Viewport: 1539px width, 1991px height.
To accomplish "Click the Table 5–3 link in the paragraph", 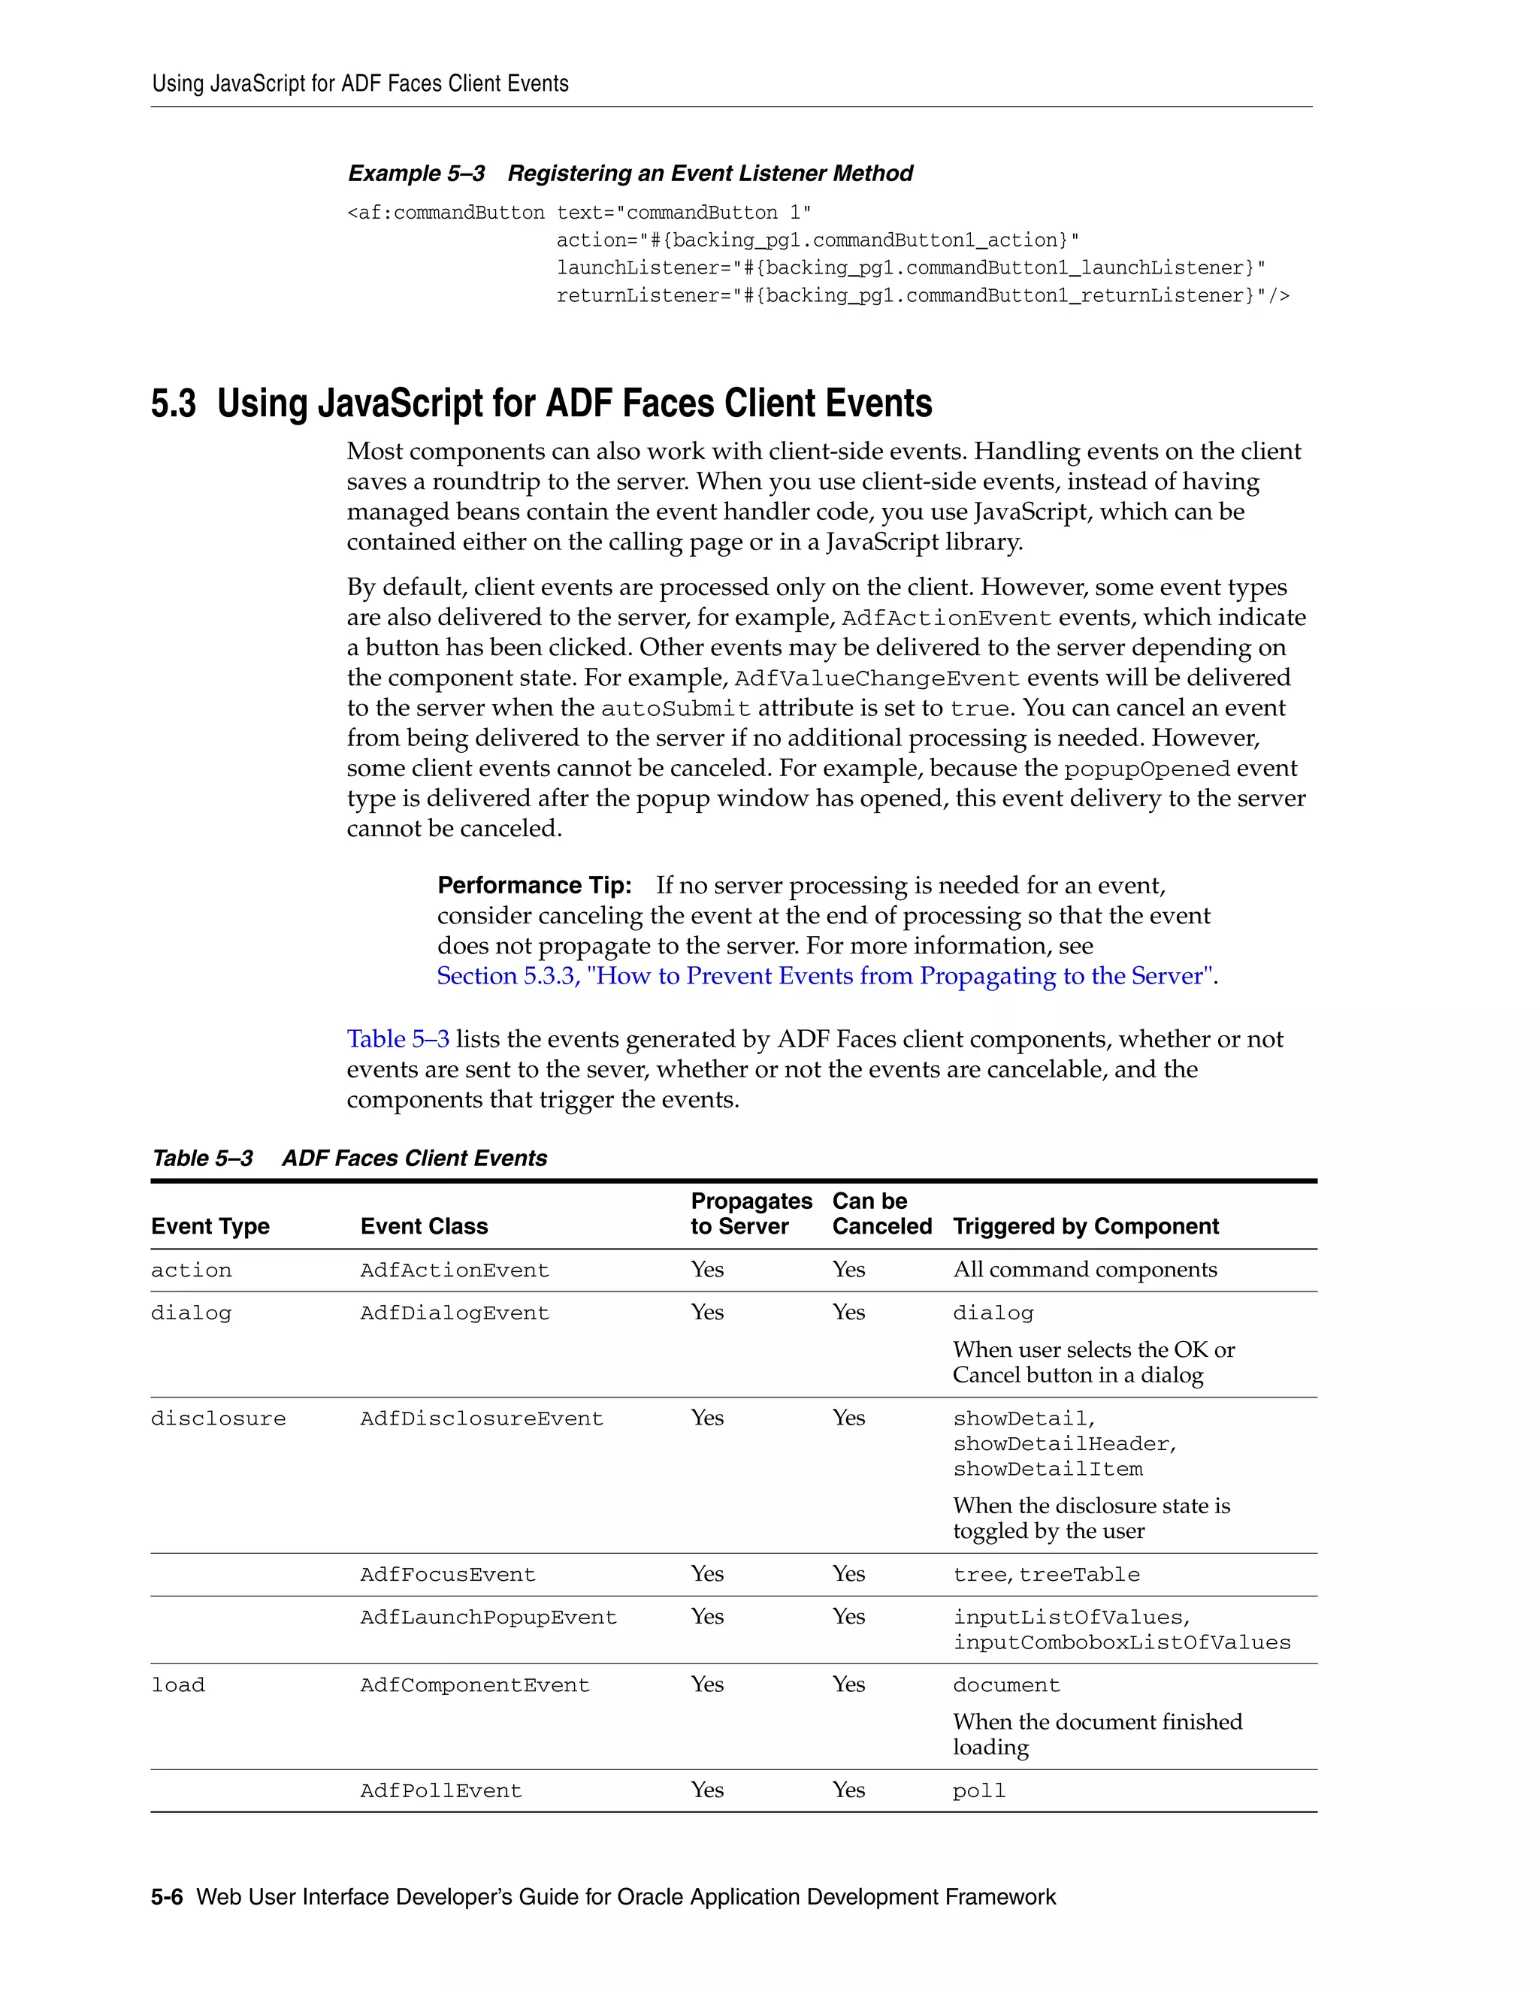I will pos(398,1039).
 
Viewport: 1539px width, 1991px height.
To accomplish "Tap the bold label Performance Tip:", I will pos(534,885).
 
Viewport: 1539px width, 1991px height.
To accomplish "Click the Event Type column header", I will pos(210,1226).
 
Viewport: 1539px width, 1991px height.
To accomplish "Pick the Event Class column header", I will pos(424,1226).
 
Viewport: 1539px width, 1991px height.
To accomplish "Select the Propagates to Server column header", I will pos(751,1213).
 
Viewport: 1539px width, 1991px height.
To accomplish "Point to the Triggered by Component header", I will pos(1085,1226).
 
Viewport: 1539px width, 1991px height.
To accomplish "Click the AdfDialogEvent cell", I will pos(454,1313).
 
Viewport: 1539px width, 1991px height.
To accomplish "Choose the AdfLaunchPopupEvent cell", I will pos(488,1618).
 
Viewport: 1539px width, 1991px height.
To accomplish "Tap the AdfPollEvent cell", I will pos(440,1790).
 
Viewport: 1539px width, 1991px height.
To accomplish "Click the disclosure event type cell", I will pos(218,1418).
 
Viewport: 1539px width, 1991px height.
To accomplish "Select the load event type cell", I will pos(178,1684).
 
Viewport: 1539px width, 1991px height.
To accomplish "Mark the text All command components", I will pos(1084,1270).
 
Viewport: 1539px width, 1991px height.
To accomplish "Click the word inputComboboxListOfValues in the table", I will pos(1121,1642).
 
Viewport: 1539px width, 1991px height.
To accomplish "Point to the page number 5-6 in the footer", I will pos(167,1897).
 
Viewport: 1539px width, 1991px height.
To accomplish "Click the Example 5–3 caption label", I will pos(416,174).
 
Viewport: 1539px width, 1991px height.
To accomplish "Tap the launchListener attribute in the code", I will pos(628,268).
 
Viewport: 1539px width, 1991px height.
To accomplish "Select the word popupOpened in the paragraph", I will pos(1146,769).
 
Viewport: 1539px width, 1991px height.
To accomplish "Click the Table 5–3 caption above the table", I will pos(202,1159).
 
